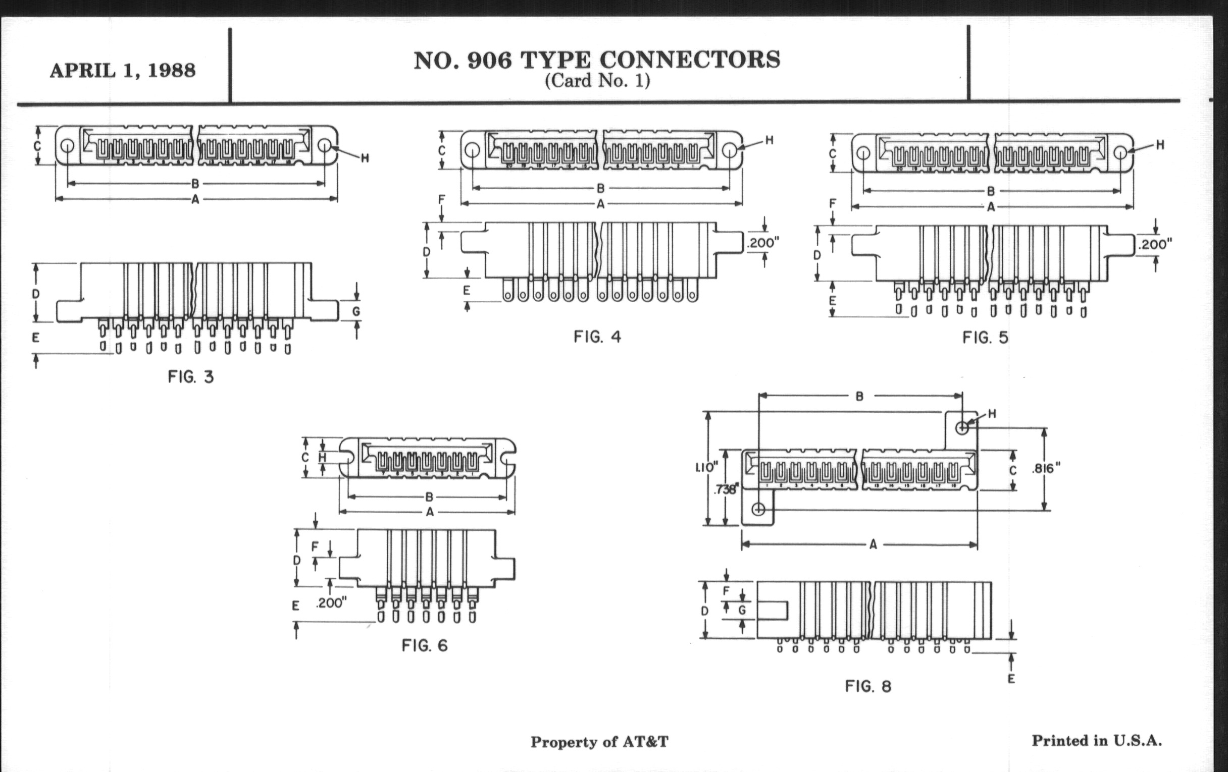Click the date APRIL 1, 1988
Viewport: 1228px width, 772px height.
(122, 70)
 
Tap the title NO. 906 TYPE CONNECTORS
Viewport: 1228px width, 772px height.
(597, 60)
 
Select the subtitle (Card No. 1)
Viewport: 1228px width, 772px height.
(597, 81)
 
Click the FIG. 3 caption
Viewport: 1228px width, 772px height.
(191, 377)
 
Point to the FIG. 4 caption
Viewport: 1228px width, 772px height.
(597, 337)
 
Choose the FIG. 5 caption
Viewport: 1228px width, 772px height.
(985, 338)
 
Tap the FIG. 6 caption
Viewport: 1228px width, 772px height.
(424, 646)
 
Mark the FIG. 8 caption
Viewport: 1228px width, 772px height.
(868, 686)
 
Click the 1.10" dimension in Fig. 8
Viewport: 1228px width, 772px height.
(706, 467)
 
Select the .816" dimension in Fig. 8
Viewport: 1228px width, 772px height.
(1046, 468)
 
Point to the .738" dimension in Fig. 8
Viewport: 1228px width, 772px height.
(726, 490)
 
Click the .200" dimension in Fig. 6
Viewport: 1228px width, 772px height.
(331, 603)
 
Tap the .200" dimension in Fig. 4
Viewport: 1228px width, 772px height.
(763, 243)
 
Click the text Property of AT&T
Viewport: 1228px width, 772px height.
(599, 742)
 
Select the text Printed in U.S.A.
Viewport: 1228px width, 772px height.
(1097, 740)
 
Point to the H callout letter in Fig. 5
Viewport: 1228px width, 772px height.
(1160, 145)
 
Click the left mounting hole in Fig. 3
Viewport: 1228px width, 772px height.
(67, 146)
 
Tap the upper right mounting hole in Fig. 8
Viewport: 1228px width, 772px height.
(962, 427)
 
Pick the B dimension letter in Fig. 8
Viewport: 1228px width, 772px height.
(859, 397)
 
